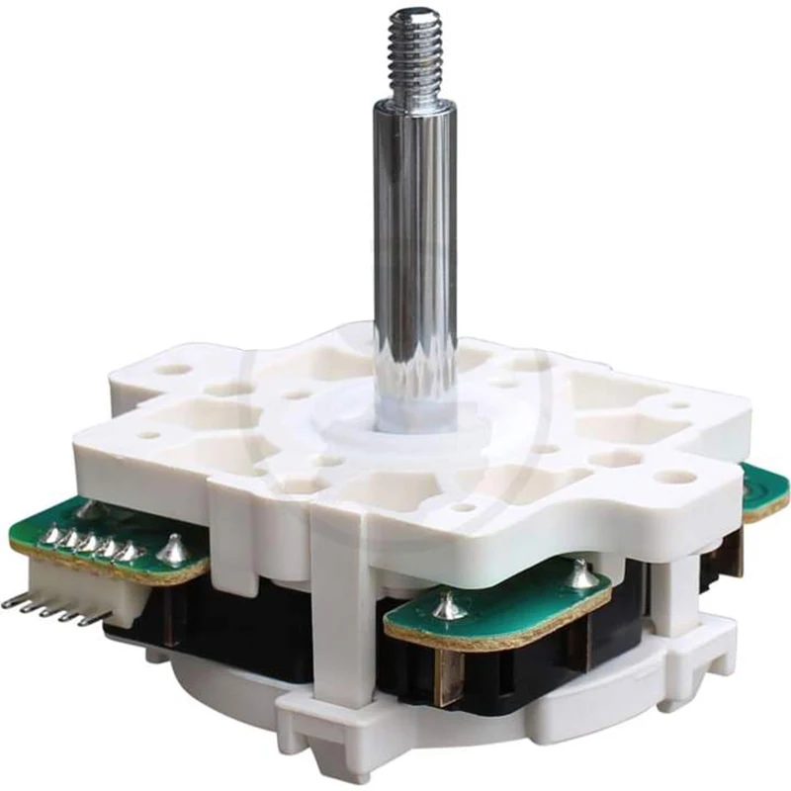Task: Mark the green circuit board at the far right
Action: pyautogui.click(x=766, y=489)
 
